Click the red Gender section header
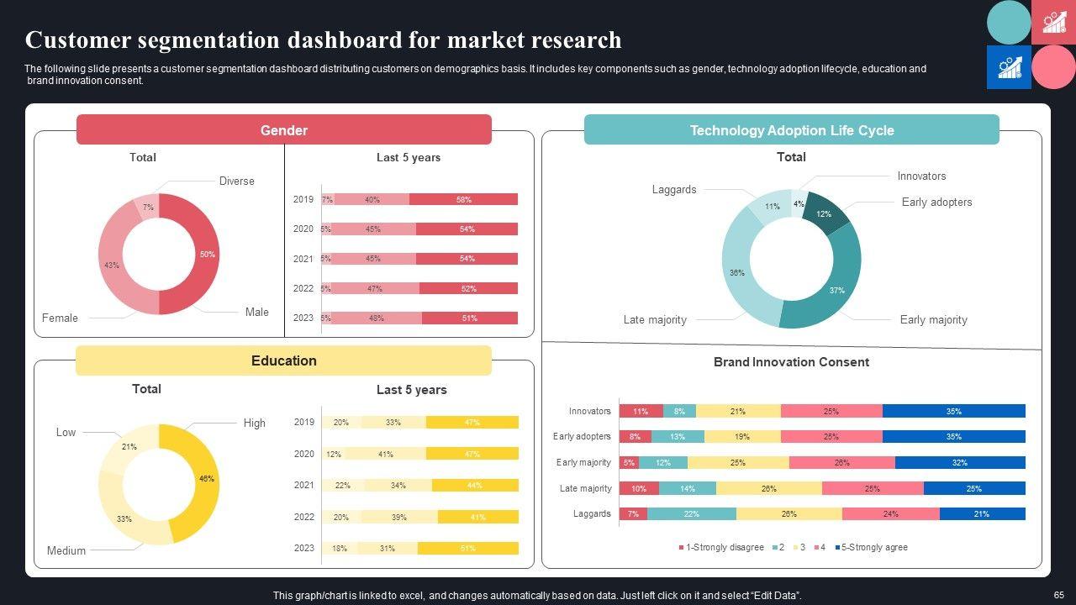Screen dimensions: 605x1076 [x=283, y=130]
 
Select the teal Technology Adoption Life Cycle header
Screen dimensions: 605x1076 [x=791, y=130]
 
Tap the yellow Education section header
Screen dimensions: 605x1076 [x=283, y=360]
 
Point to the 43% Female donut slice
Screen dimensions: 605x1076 [x=113, y=266]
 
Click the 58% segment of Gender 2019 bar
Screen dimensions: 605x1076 [x=463, y=200]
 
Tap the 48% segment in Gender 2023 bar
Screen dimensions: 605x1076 [x=376, y=318]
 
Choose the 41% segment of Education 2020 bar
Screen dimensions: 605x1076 [x=385, y=454]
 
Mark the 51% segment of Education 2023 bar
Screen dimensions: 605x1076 [x=467, y=548]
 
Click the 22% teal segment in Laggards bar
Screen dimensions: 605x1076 [x=691, y=513]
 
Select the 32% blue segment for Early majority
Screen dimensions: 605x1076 [x=959, y=462]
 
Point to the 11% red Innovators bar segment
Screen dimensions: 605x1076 [x=641, y=411]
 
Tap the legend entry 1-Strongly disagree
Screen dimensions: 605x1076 [x=720, y=547]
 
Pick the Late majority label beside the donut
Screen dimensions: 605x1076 [x=655, y=319]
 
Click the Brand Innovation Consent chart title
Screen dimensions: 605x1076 [x=791, y=362]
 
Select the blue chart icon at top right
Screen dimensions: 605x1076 [x=1009, y=67]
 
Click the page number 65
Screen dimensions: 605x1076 [x=1058, y=594]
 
